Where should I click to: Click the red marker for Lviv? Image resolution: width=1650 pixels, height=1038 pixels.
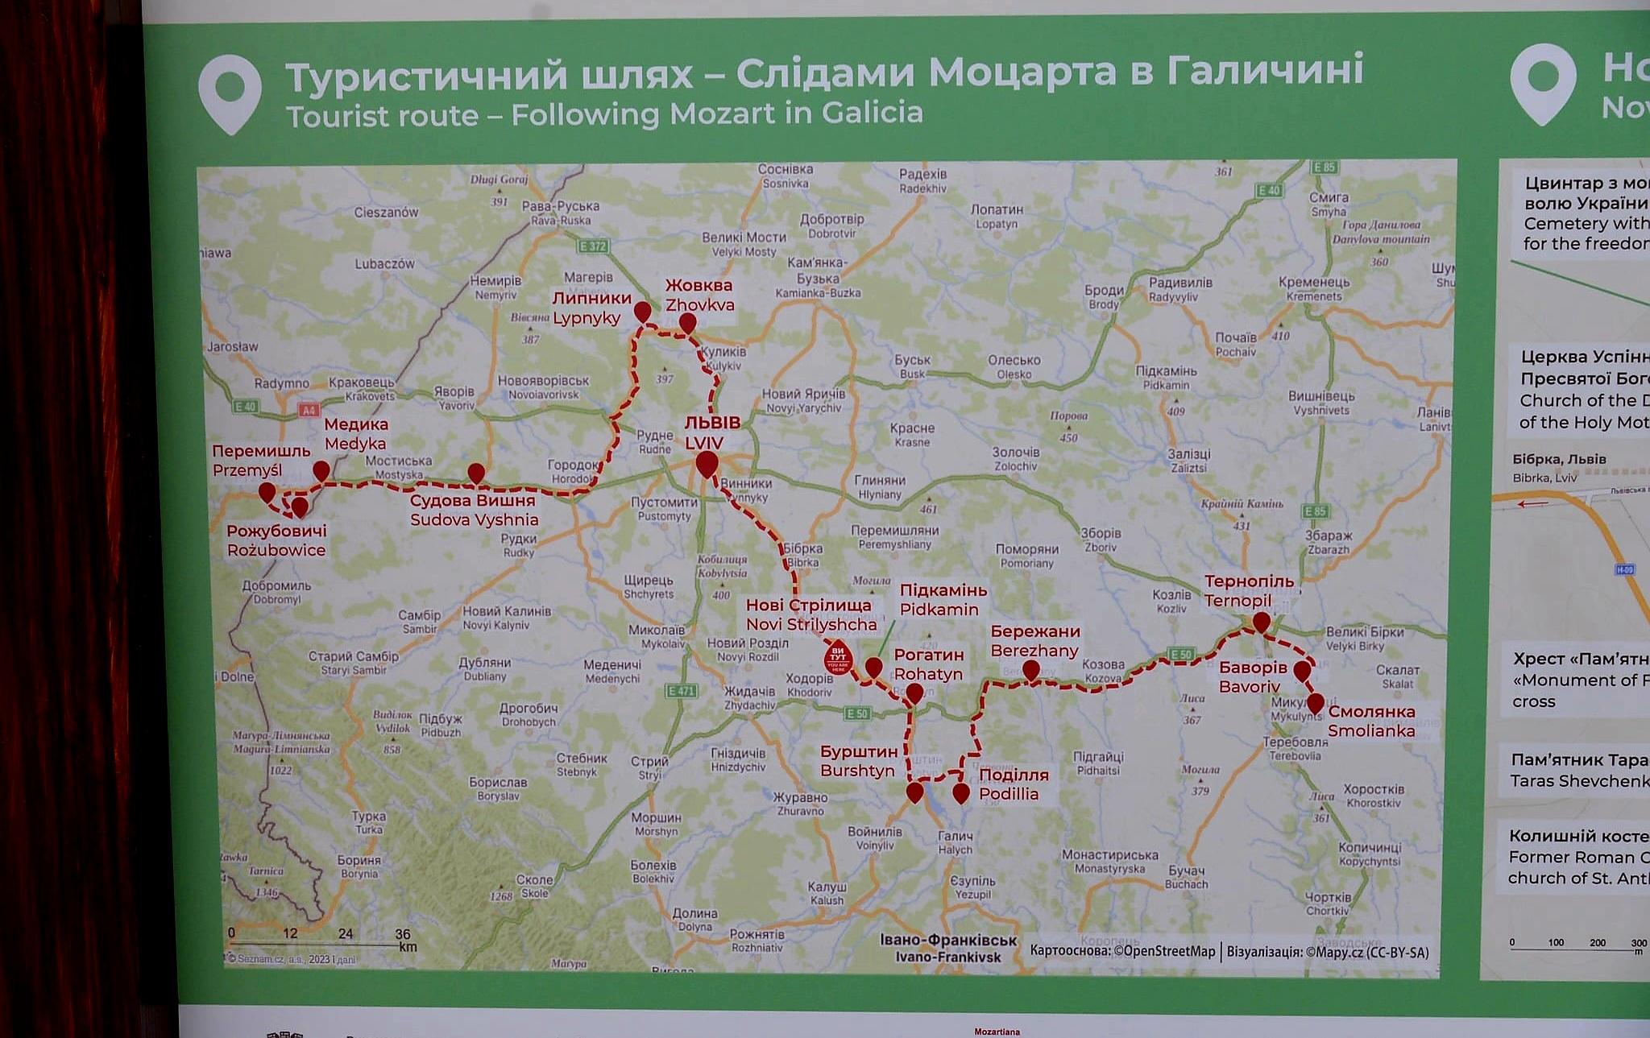point(707,464)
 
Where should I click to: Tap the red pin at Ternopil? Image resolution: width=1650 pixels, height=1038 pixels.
point(1261,621)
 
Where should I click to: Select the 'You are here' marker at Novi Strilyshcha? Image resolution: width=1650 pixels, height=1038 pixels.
point(838,658)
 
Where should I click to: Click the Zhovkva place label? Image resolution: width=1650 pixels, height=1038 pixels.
point(699,295)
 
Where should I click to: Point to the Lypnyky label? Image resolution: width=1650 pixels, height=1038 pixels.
point(591,308)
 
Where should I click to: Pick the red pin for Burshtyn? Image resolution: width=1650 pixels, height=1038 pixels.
point(914,792)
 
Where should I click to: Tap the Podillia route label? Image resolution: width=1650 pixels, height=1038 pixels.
point(1013,784)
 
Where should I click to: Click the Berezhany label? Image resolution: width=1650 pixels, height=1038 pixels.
point(1034,641)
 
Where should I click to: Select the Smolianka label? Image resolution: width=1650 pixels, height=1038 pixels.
point(1370,721)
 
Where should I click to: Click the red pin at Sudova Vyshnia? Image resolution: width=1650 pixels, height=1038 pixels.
point(476,473)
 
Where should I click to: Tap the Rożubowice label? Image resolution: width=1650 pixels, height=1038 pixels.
point(276,540)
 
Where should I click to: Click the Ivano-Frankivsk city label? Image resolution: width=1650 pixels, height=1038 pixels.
point(948,949)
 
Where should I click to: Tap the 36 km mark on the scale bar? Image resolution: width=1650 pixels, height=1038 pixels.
point(402,934)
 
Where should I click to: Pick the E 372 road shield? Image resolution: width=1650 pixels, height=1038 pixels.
point(592,246)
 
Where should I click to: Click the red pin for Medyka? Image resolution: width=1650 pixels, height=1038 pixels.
point(321,470)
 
